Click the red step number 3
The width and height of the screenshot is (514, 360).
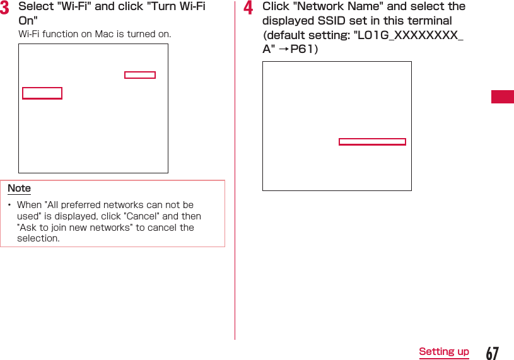click(x=4, y=8)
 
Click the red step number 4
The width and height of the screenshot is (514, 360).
click(x=248, y=8)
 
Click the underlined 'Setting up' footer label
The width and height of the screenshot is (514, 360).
click(x=444, y=352)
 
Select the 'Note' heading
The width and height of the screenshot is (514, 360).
click(x=19, y=189)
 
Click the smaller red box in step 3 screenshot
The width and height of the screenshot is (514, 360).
click(x=140, y=75)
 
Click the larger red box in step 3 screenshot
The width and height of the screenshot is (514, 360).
click(x=42, y=93)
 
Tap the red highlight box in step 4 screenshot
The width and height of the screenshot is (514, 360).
click(x=372, y=142)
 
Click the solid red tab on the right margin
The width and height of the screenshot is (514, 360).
click(x=503, y=97)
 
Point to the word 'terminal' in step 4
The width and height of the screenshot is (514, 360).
click(x=429, y=20)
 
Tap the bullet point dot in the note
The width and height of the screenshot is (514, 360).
click(x=9, y=206)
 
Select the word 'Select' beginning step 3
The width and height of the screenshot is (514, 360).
click(x=36, y=6)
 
